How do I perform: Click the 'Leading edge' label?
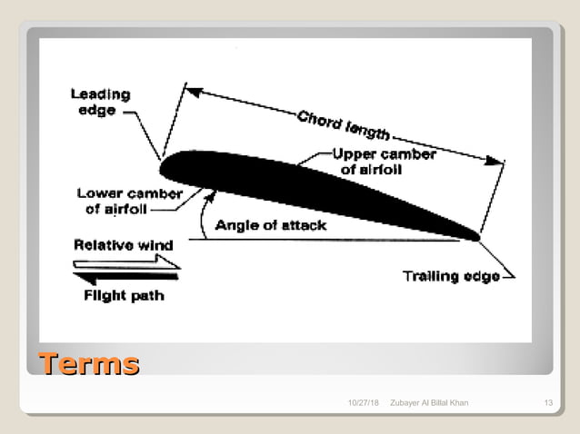(x=100, y=102)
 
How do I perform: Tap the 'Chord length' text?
(x=342, y=126)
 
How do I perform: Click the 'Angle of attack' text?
(x=270, y=225)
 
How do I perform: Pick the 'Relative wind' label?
(x=123, y=244)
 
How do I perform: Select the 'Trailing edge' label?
(x=451, y=276)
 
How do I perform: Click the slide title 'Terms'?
(x=88, y=365)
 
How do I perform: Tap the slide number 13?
(x=547, y=402)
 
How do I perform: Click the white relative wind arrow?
(x=127, y=261)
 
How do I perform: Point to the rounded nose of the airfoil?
(x=166, y=168)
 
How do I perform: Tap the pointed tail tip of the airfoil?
(x=475, y=236)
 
